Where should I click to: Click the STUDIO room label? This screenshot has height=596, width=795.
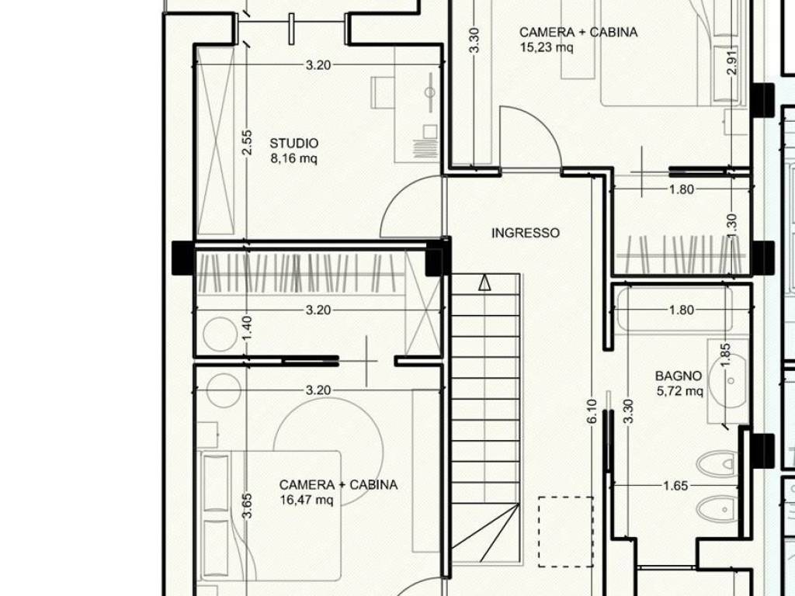click(294, 144)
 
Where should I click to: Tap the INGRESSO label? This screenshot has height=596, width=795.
click(526, 233)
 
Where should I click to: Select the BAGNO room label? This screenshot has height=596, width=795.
click(679, 376)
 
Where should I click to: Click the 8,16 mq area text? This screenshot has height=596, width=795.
click(294, 158)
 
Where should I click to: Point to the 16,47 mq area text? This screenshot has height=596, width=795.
click(307, 501)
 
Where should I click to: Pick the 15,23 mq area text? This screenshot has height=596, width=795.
click(547, 47)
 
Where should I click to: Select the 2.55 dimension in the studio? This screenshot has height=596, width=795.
click(246, 143)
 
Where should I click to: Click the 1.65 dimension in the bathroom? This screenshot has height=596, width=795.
click(675, 486)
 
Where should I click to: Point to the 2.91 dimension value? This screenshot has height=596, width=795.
click(731, 62)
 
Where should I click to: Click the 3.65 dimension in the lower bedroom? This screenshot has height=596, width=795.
click(247, 506)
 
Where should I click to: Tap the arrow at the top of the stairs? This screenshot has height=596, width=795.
click(484, 282)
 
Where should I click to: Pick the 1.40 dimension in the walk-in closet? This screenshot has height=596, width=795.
click(247, 328)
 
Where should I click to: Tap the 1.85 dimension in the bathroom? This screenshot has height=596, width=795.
click(725, 355)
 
